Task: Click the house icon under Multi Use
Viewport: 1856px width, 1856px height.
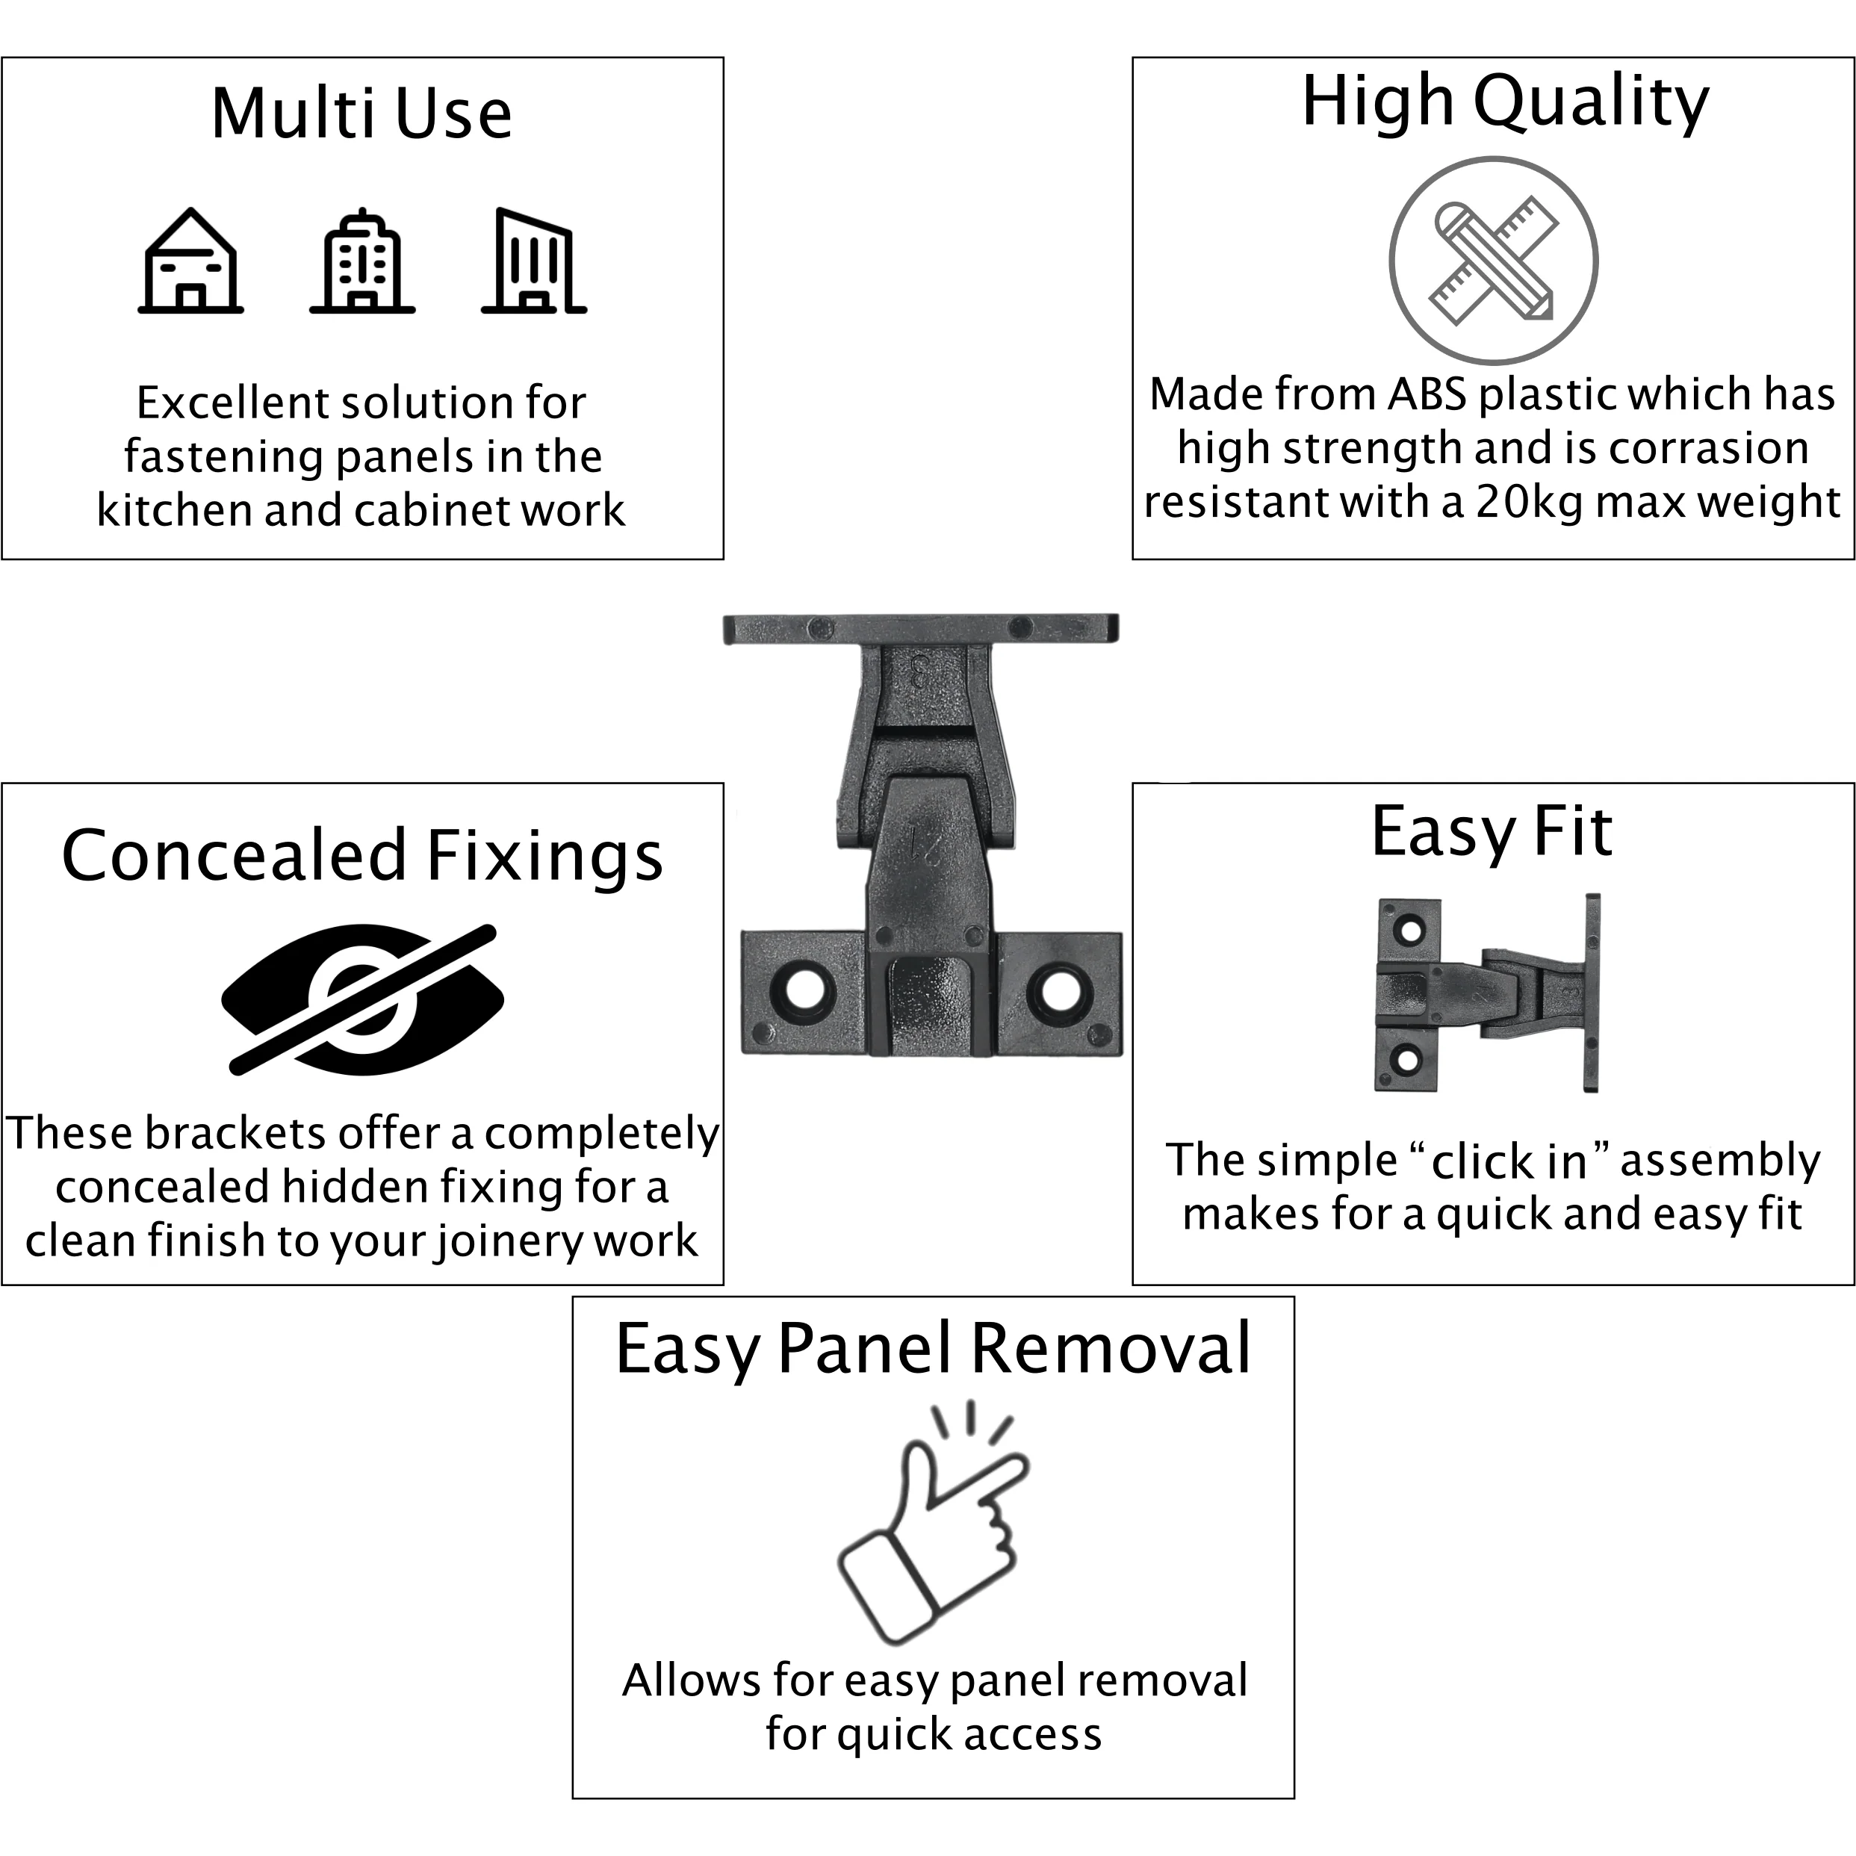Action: pyautogui.click(x=190, y=261)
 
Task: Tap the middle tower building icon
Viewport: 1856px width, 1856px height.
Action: pyautogui.click(x=362, y=261)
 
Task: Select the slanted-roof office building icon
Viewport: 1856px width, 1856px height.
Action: pyautogui.click(x=534, y=261)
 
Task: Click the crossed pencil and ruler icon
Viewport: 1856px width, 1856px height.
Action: pyautogui.click(x=1493, y=261)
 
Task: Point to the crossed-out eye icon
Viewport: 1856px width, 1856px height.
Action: pyautogui.click(x=363, y=999)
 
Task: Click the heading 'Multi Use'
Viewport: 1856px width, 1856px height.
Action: pyautogui.click(x=361, y=114)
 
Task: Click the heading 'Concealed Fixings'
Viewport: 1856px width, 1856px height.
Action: pyautogui.click(x=362, y=855)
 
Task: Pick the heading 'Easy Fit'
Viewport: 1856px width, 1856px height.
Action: pyautogui.click(x=1492, y=833)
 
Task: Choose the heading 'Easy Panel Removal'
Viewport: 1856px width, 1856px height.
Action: pyautogui.click(x=933, y=1349)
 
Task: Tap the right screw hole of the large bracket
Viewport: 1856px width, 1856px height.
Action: pyautogui.click(x=1061, y=991)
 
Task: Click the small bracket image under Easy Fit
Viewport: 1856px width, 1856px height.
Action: pyautogui.click(x=1488, y=993)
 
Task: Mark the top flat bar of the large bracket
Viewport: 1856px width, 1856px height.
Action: pyautogui.click(x=920, y=629)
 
